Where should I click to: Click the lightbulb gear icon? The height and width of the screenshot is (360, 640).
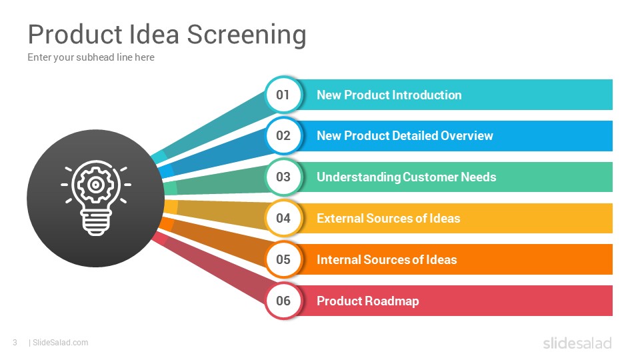[x=95, y=198]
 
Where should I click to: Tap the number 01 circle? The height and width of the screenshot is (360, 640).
[x=283, y=95]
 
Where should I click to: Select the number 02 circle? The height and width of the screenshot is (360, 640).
[x=283, y=136]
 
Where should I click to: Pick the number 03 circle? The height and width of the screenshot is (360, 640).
[x=283, y=177]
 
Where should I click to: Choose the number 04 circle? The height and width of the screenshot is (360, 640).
[x=283, y=218]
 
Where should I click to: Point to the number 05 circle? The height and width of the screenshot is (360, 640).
[x=283, y=259]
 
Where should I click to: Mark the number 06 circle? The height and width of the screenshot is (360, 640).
[x=283, y=301]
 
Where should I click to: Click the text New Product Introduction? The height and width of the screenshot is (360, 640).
[x=389, y=95]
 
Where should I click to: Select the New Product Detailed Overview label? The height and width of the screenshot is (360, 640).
[x=405, y=136]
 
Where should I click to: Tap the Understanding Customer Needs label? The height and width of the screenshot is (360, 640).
[x=406, y=177]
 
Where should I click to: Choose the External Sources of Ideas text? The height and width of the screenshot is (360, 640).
[x=388, y=218]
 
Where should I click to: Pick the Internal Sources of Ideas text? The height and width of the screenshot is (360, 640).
[x=387, y=259]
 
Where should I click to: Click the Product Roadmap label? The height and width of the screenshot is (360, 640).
[x=367, y=301]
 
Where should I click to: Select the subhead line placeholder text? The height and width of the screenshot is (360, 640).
[x=91, y=57]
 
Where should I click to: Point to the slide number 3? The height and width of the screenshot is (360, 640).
[x=14, y=343]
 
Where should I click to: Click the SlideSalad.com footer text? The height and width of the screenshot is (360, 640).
[x=60, y=343]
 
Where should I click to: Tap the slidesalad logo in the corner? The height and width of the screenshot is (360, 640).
[x=577, y=343]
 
